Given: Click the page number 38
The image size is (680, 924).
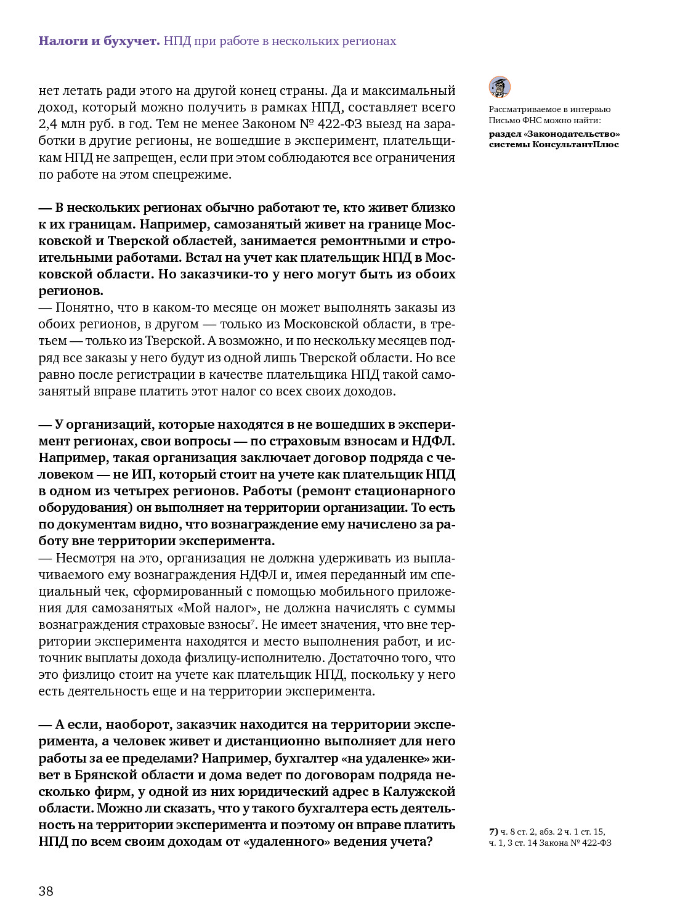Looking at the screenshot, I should click(46, 891).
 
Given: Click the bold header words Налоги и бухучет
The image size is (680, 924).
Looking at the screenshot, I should click(99, 41).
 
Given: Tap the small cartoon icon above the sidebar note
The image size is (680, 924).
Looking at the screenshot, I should click(500, 87).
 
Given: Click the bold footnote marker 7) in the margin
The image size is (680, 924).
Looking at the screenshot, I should click(493, 832).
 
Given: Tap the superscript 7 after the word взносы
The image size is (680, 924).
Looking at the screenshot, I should click(253, 622).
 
